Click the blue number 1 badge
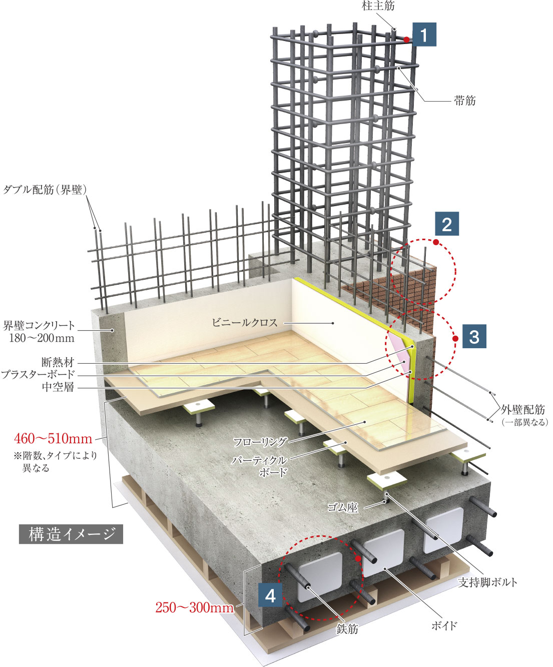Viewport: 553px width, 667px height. tap(424, 35)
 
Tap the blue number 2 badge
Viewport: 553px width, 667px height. tap(446, 224)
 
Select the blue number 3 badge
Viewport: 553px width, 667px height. tap(474, 336)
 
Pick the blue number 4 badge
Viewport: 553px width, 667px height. tap(270, 595)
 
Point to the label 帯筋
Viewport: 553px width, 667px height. tap(464, 101)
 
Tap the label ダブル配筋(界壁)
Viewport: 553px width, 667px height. tap(46, 190)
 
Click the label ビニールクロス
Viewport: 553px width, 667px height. tap(244, 323)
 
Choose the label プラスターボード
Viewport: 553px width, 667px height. tap(38, 374)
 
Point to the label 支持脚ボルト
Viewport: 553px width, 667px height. tap(487, 582)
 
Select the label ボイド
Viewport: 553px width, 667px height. tap(444, 625)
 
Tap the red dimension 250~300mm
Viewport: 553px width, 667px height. tap(194, 607)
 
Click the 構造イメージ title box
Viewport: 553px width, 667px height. tap(71, 534)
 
